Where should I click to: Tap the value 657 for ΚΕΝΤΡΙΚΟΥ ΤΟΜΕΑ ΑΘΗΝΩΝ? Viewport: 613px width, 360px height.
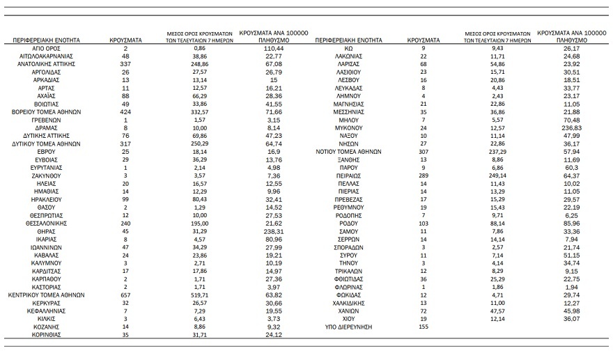pos(125,294)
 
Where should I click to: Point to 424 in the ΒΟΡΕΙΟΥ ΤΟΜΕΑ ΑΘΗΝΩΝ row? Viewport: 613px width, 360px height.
pos(125,112)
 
